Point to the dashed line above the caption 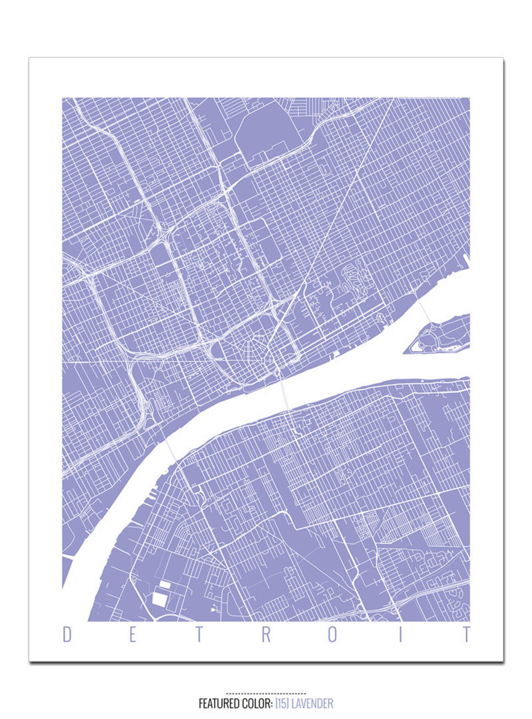[x=266, y=693]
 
